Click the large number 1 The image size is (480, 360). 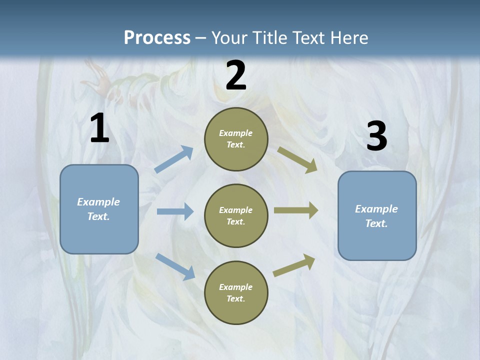tap(99, 128)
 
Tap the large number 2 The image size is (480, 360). tap(236, 75)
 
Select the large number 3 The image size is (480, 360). tap(376, 136)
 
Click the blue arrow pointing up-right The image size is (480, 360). tap(174, 159)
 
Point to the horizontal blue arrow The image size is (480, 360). tap(175, 211)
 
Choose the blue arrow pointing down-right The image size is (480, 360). tap(175, 266)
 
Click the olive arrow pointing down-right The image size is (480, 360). tap(297, 160)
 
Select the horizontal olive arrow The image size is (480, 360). tap(296, 210)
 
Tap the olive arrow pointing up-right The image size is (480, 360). tap(294, 265)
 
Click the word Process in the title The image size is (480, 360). tap(157, 37)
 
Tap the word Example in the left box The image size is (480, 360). tap(98, 202)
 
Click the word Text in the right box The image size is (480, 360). tap(376, 223)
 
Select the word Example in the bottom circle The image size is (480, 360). tap(236, 287)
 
